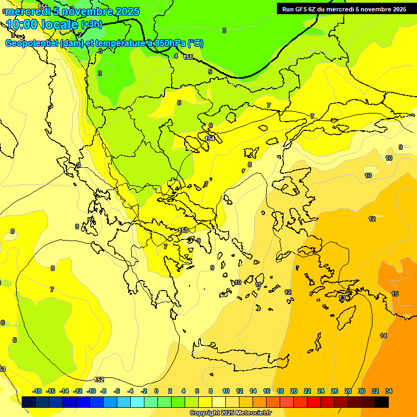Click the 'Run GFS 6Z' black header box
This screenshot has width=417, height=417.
344,9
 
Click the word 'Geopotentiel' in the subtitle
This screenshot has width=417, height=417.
31,43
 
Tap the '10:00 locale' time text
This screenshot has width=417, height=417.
42,24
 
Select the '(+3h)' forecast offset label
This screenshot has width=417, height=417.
91,24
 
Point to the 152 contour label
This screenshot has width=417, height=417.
99,380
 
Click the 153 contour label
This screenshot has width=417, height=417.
184,230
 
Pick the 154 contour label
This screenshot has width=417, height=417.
210,139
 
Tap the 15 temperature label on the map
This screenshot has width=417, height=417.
395,294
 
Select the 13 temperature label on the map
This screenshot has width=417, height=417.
342,298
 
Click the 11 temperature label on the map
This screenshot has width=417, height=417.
258,285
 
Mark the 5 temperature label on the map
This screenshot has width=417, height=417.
210,72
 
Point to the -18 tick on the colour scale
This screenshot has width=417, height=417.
37,391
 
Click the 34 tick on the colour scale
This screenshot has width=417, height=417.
389,391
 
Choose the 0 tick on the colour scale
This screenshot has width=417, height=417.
156,391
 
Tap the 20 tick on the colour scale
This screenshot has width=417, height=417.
294,391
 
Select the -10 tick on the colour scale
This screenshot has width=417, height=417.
91,391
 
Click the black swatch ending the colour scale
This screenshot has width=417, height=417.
382,402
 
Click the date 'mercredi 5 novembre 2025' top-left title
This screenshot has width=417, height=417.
72,11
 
